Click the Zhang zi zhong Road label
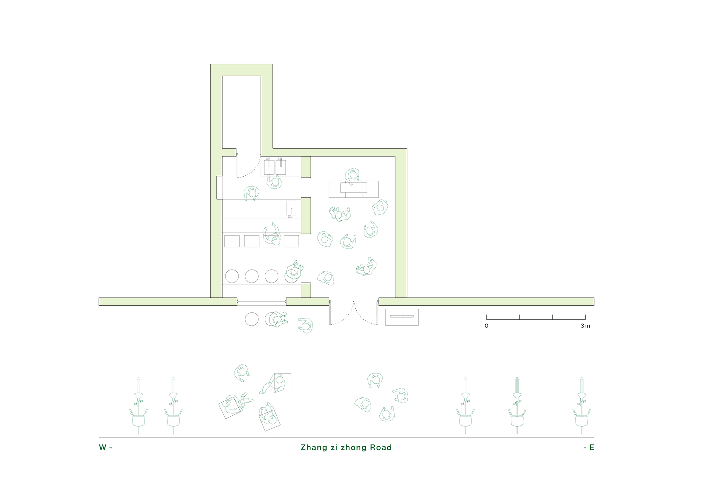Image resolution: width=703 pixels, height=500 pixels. point(346,448)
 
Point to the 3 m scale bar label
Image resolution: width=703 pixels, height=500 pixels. point(585,326)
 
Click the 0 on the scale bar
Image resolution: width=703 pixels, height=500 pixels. point(486,326)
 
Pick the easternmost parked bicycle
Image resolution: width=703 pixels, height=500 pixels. point(582,405)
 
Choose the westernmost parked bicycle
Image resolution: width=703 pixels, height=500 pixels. point(138,405)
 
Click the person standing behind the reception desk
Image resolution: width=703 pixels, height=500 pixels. point(352,176)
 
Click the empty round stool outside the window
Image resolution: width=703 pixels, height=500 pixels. point(252,319)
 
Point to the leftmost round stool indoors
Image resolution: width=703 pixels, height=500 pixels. point(232,276)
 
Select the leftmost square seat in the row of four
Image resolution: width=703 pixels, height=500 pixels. point(232,241)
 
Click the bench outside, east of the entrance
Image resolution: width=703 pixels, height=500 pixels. point(402,317)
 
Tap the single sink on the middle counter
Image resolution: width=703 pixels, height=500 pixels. point(291,209)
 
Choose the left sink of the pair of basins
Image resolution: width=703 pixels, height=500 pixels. point(269,166)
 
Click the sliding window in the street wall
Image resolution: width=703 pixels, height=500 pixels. point(262,301)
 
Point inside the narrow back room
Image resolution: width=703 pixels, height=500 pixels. point(241,112)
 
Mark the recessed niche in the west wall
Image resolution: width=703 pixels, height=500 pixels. point(219,188)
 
